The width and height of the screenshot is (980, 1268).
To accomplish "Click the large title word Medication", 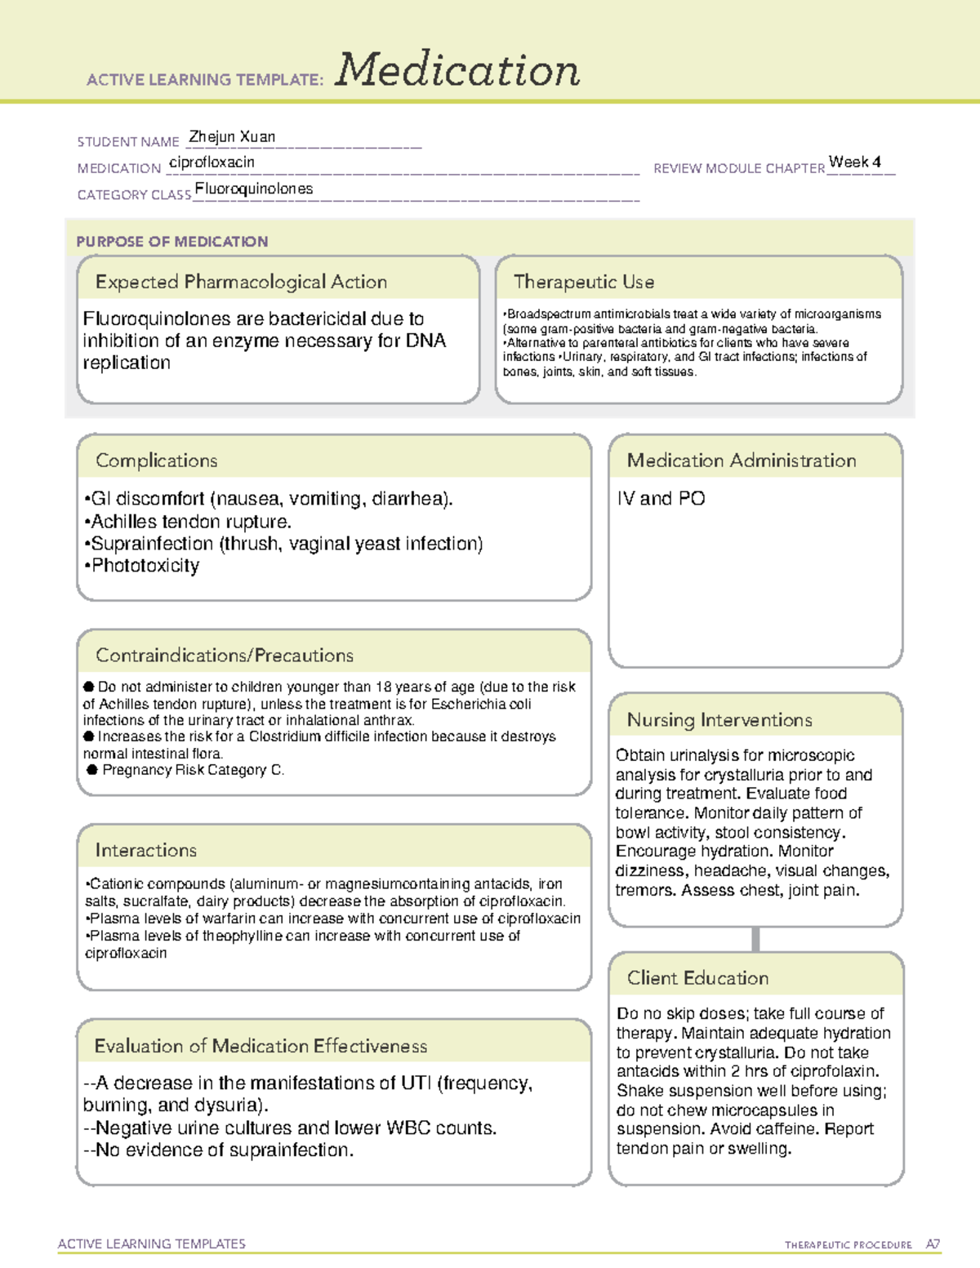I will point(457,70).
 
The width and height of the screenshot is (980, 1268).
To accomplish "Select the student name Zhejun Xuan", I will point(232,137).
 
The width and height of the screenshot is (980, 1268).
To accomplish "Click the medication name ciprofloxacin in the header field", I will point(212,162).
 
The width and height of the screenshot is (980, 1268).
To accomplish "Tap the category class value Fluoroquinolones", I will point(254,189).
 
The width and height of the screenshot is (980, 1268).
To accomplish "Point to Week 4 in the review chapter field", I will point(854,162).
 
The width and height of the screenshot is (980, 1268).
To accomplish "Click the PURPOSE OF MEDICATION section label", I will point(171,242).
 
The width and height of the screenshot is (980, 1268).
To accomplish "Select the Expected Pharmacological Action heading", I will point(241,282).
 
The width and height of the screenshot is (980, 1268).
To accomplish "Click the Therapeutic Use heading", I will point(583,282).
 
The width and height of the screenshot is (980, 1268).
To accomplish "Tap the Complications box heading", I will point(156,460).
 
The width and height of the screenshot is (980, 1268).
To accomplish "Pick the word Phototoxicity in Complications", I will point(145,566).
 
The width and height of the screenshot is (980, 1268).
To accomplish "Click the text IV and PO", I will point(661,499).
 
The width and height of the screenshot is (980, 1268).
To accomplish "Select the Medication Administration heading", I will point(741,460).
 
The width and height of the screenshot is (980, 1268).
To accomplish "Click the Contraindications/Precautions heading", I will point(224,656).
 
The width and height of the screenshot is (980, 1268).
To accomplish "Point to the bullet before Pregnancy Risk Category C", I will point(92,770).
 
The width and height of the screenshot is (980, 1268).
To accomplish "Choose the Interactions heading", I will point(145,851).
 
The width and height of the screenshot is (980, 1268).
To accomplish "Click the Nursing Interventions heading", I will point(719,720).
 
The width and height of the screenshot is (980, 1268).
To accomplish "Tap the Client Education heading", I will point(697,978).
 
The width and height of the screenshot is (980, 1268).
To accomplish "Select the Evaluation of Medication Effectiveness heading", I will point(261,1046).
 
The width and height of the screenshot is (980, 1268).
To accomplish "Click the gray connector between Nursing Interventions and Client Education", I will point(755,939).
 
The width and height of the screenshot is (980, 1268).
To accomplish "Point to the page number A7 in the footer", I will point(933,1244).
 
